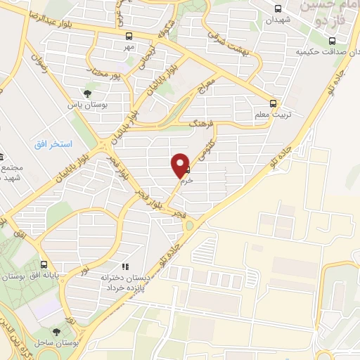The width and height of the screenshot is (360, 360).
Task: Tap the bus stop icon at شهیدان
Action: tap(278, 9)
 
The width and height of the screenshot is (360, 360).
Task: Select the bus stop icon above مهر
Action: tap(128, 36)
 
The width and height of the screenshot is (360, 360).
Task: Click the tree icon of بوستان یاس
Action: tap(88, 93)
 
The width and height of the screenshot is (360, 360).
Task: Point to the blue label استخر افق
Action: tap(53, 143)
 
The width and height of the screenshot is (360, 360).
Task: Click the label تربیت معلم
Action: tap(271, 113)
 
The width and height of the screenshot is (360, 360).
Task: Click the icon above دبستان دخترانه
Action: tap(125, 266)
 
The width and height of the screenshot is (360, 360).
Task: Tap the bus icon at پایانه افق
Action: tap(45, 266)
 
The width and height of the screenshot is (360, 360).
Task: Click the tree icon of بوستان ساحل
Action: tap(57, 330)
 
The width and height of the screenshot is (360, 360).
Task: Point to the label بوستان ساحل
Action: tap(57, 342)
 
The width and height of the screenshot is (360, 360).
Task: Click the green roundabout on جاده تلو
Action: tap(189, 225)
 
